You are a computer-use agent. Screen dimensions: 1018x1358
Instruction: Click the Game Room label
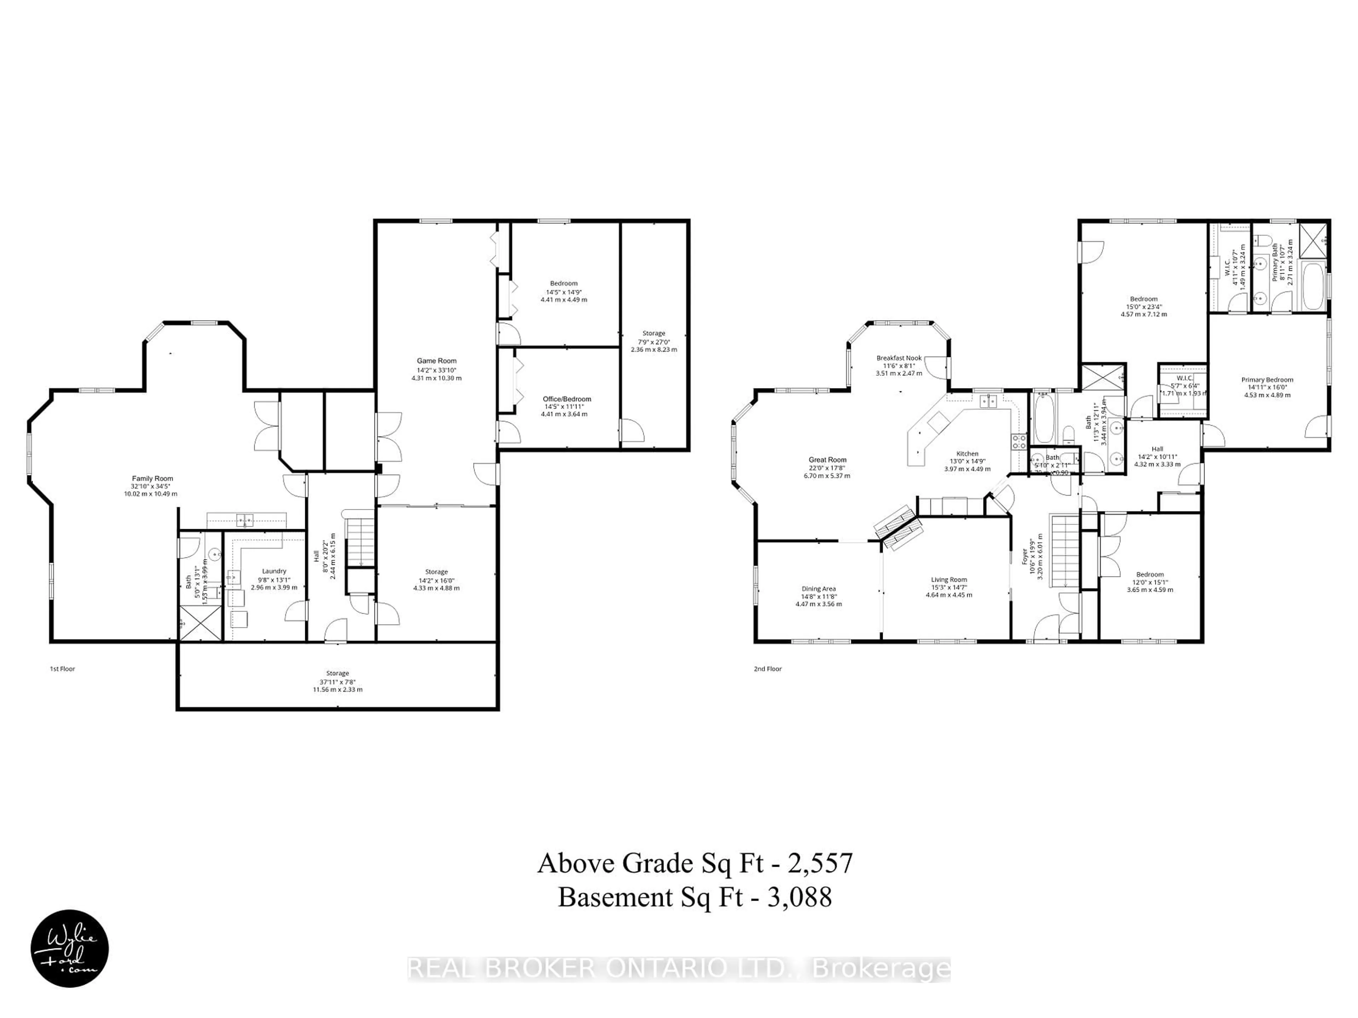[436, 361]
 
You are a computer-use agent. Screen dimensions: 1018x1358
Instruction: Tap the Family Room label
[152, 479]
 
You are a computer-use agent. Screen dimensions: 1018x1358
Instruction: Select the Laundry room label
[274, 571]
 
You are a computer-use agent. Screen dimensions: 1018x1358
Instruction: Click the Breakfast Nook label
[899, 358]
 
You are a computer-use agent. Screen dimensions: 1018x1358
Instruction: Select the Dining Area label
[818, 589]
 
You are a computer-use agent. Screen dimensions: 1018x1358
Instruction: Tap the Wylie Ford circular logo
[70, 948]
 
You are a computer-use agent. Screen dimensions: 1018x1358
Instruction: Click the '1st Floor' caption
[62, 669]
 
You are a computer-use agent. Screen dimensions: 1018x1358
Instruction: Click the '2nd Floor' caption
[767, 669]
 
